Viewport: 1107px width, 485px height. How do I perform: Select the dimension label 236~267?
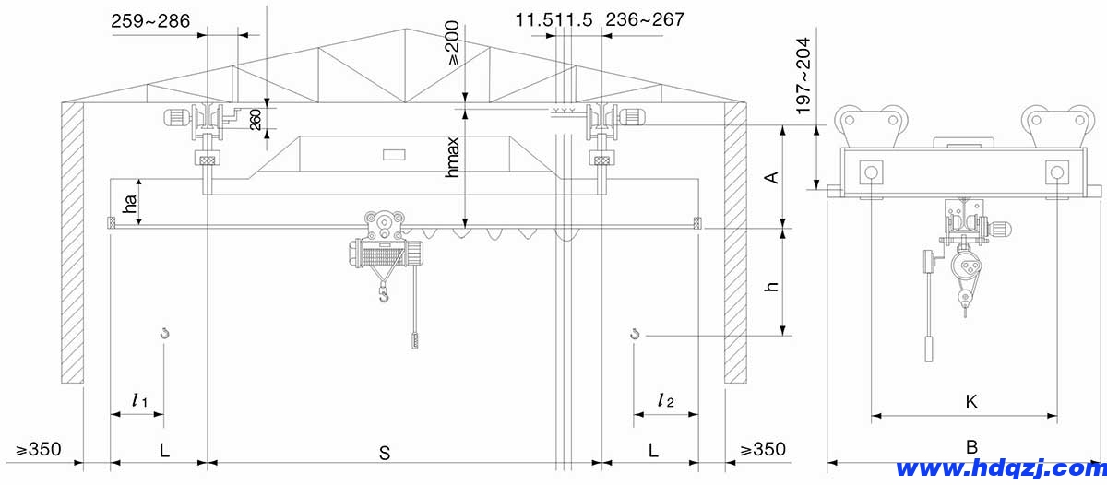645,18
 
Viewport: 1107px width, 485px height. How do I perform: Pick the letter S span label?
385,452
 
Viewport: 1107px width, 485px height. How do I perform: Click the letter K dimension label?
970,402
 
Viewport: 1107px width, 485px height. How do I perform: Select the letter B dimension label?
970,447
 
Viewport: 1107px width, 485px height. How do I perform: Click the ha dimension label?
131,204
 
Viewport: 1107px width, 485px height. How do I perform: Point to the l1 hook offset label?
139,400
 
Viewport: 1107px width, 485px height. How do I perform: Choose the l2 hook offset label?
665,400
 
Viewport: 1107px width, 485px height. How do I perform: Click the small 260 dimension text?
256,119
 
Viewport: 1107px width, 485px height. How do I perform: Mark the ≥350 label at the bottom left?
39,450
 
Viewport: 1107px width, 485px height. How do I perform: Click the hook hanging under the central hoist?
382,295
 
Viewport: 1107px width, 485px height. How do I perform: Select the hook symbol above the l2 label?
635,333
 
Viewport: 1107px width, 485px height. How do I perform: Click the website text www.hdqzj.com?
999,468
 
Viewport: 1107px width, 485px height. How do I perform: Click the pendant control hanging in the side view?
927,350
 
